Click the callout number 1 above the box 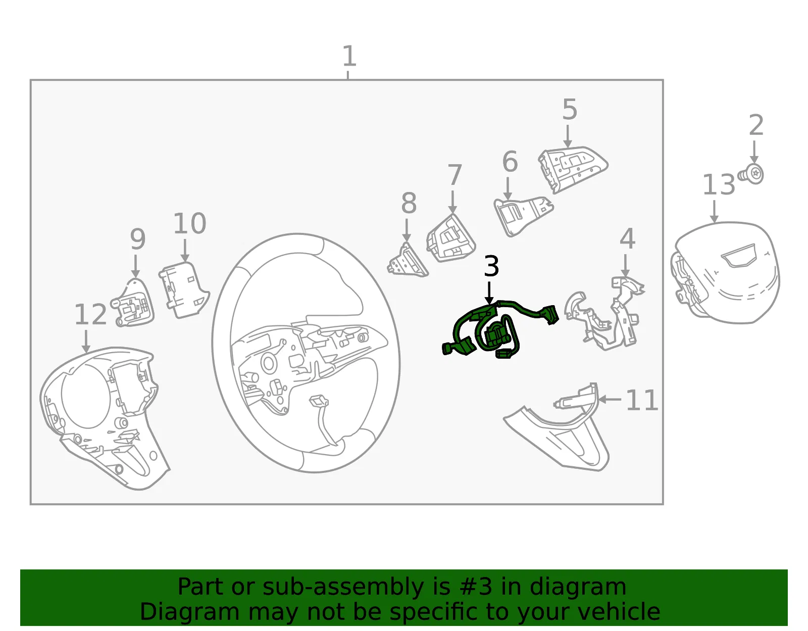pyautogui.click(x=349, y=56)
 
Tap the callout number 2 pyautogui.click(x=756, y=125)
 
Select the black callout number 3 pyautogui.click(x=491, y=266)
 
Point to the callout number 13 pyautogui.click(x=719, y=185)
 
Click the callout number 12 pyautogui.click(x=90, y=315)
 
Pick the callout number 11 pyautogui.click(x=641, y=401)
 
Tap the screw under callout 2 pyautogui.click(x=750, y=174)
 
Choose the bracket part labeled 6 pyautogui.click(x=523, y=216)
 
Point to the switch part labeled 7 pyautogui.click(x=450, y=239)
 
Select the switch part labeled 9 pyautogui.click(x=133, y=303)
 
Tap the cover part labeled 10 pyautogui.click(x=184, y=290)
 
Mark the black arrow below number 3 pyautogui.click(x=489, y=293)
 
